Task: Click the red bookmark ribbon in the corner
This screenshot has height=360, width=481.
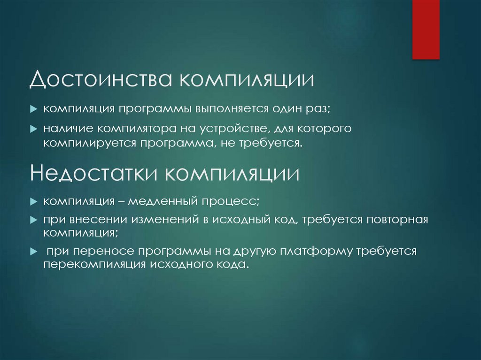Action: coord(426,29)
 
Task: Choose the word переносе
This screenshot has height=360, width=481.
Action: coord(105,251)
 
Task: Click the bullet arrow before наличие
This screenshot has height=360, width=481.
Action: coord(34,128)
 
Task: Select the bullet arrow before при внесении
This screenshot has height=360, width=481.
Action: coord(34,220)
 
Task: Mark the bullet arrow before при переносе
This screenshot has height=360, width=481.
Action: coord(34,251)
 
